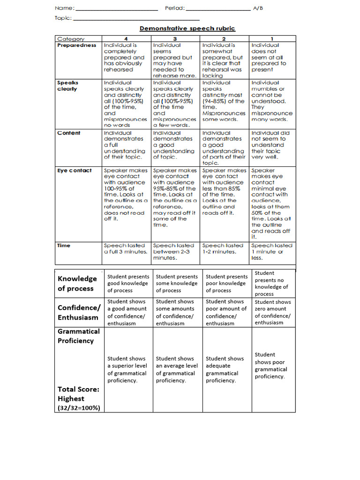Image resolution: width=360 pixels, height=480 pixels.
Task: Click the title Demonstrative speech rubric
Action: [187, 29]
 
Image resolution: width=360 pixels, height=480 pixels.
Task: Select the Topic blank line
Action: [136, 19]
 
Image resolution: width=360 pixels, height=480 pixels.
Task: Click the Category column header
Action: [71, 39]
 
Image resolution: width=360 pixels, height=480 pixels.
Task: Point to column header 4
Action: [126, 39]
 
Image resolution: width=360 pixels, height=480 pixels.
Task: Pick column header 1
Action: [272, 39]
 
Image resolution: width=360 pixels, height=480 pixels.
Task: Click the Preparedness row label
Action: [76, 45]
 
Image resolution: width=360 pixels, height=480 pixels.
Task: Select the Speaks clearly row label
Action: [68, 86]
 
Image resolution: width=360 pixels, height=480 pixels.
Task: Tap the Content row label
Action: [69, 133]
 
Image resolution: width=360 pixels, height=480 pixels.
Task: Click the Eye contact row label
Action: [75, 171]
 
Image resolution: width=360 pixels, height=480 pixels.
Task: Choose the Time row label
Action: [64, 246]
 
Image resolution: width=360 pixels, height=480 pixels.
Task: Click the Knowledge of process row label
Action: [77, 283]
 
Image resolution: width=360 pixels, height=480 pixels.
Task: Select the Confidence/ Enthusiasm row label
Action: [79, 312]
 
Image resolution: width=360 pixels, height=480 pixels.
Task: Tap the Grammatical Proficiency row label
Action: [78, 336]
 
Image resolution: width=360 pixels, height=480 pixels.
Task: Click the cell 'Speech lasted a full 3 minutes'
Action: [126, 248]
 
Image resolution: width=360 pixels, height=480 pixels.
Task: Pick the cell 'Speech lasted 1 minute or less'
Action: [272, 251]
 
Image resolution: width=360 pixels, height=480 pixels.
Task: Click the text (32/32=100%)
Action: [79, 408]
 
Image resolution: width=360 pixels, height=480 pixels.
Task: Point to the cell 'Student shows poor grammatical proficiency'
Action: [271, 366]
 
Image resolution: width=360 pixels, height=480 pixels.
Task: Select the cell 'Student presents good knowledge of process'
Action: [128, 284]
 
